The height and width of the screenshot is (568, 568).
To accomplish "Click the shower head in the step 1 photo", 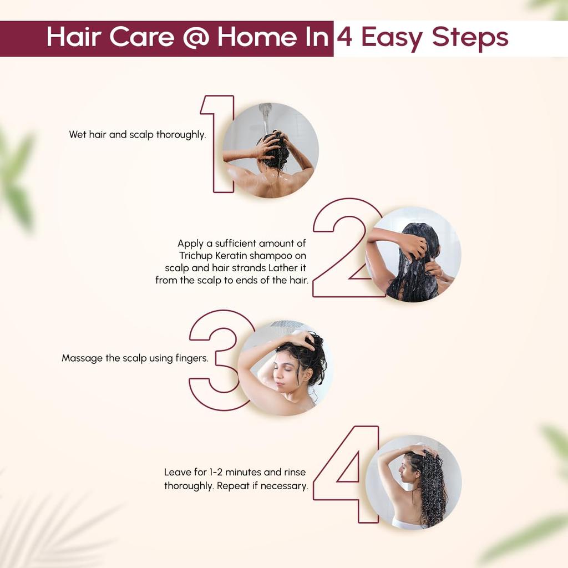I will click(x=266, y=114).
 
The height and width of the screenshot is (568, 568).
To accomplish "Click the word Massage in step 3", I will click(x=82, y=358).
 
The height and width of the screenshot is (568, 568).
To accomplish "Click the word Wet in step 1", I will click(x=78, y=135).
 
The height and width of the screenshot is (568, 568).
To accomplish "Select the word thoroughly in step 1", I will click(x=181, y=135).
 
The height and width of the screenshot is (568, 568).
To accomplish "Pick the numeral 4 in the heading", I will click(x=344, y=38).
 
